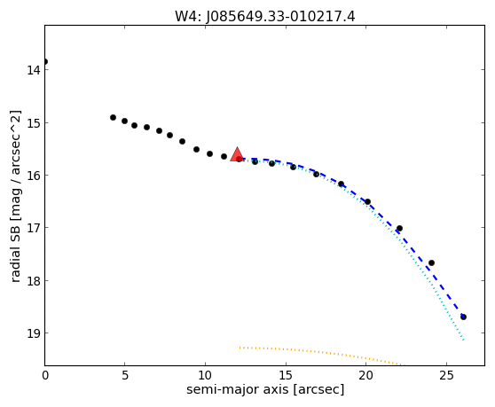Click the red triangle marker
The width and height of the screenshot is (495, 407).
click(237, 154)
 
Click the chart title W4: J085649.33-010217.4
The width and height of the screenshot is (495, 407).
click(265, 16)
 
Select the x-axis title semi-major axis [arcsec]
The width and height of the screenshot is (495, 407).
click(265, 389)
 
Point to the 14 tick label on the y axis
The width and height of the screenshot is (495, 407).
click(34, 70)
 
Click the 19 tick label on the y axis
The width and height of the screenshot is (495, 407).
click(34, 333)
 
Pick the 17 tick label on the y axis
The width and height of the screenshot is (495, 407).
click(34, 228)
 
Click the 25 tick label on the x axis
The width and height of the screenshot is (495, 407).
click(446, 375)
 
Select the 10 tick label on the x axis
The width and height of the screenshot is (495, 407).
click(205, 375)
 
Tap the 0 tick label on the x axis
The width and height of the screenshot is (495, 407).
click(45, 375)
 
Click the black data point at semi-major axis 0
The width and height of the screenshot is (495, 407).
click(45, 61)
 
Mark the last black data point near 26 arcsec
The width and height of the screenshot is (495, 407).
click(463, 317)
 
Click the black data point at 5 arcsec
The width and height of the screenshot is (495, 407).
click(125, 121)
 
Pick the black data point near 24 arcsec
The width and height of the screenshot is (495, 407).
click(431, 262)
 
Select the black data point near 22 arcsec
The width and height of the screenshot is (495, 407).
click(399, 228)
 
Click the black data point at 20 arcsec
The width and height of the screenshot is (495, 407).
click(367, 201)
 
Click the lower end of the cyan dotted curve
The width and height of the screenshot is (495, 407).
click(463, 340)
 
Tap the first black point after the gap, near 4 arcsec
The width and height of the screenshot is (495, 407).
click(113, 117)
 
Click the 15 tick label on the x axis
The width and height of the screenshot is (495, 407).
click(286, 375)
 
